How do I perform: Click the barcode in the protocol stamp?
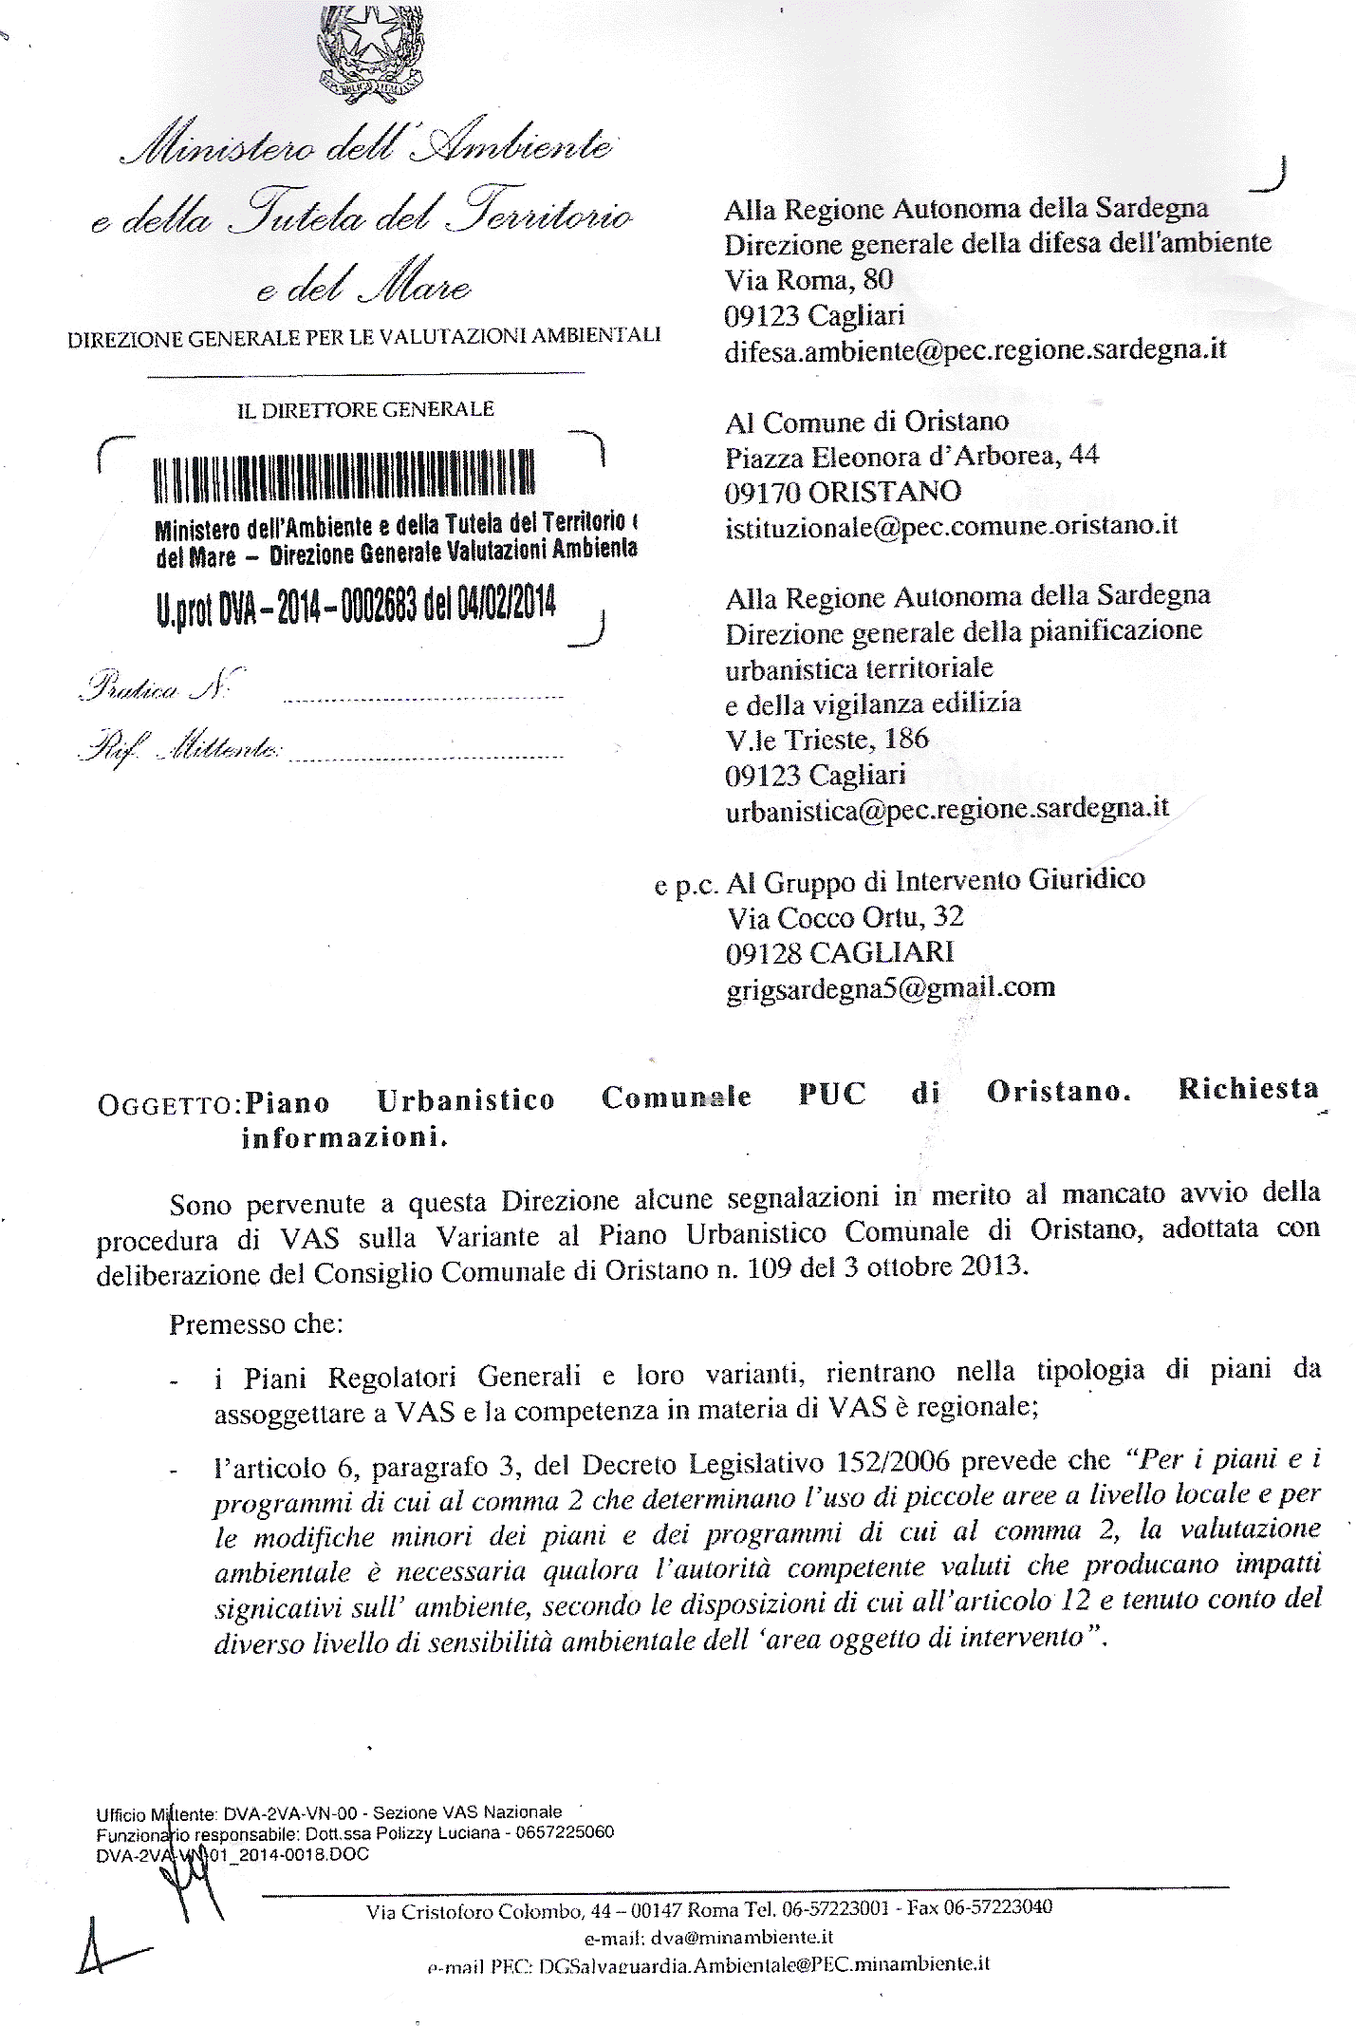(x=344, y=476)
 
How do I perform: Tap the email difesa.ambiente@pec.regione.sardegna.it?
(x=975, y=350)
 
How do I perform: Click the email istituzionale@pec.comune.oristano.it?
(x=951, y=526)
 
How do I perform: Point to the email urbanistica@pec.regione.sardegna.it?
(x=946, y=810)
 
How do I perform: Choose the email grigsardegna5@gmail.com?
(x=890, y=987)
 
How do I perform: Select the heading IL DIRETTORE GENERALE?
(x=365, y=409)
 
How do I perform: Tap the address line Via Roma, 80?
(x=808, y=280)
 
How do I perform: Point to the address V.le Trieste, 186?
(x=827, y=739)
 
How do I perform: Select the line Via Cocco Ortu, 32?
(x=845, y=916)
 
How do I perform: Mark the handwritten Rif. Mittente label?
(x=181, y=751)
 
